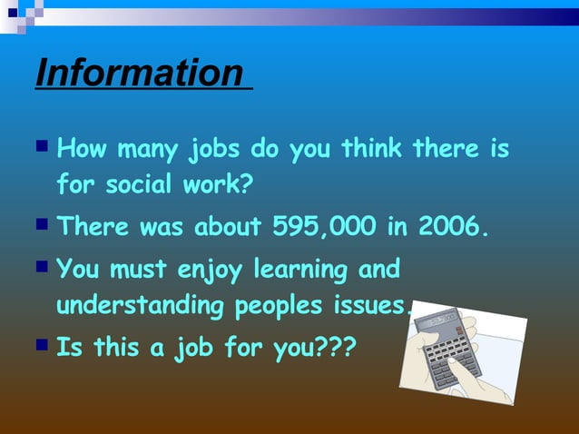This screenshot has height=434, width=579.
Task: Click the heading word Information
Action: [139, 73]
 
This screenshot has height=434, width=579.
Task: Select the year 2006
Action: [450, 227]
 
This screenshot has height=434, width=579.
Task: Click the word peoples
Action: [278, 307]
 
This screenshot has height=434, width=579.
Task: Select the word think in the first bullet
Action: [372, 147]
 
